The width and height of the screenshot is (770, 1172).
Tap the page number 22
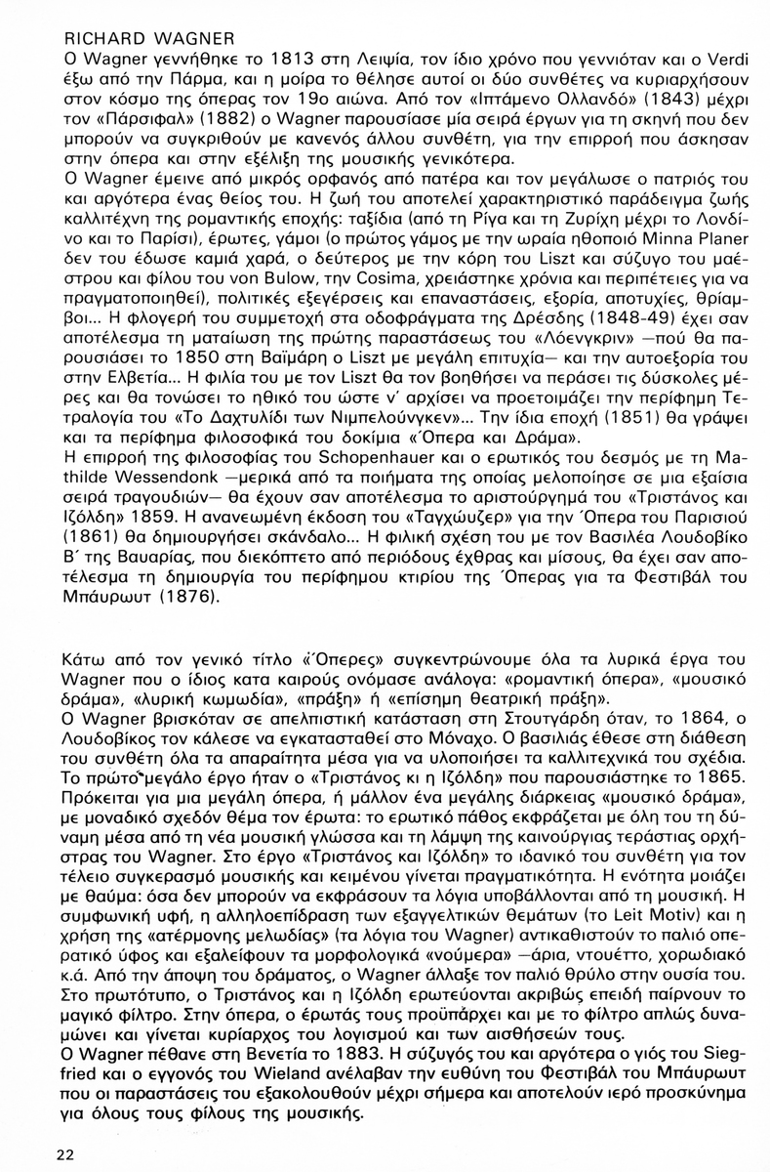click(x=65, y=1153)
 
